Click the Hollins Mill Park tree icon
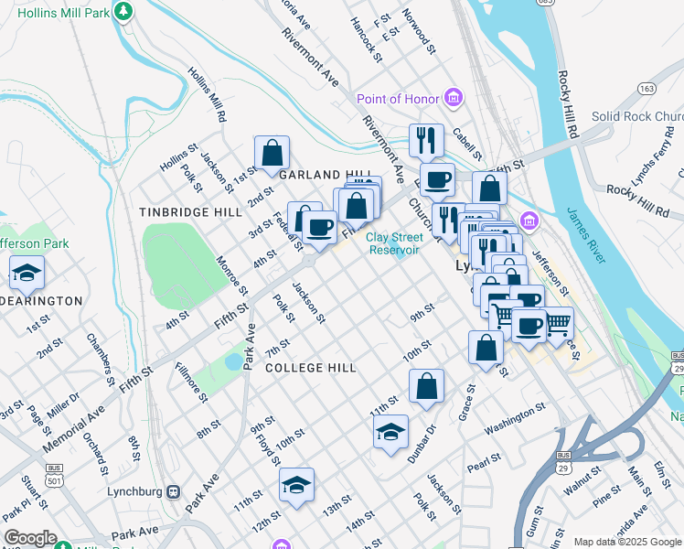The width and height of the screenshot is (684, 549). (125, 10)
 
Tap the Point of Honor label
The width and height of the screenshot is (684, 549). (398, 99)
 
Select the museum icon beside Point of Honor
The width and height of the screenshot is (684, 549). (453, 98)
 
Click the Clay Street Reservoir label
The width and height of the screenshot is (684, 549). (393, 243)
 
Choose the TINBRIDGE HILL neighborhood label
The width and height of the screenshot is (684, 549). (190, 211)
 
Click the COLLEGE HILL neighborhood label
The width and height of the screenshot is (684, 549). (310, 368)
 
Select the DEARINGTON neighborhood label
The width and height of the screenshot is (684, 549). (41, 300)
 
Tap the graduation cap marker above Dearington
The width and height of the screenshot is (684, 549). (27, 272)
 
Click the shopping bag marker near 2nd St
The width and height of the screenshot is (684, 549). (273, 153)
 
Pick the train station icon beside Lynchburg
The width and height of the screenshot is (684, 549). (174, 491)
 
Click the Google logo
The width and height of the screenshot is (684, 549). (29, 538)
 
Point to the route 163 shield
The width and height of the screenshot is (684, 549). (648, 89)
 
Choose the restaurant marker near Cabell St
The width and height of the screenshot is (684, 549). (426, 140)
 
